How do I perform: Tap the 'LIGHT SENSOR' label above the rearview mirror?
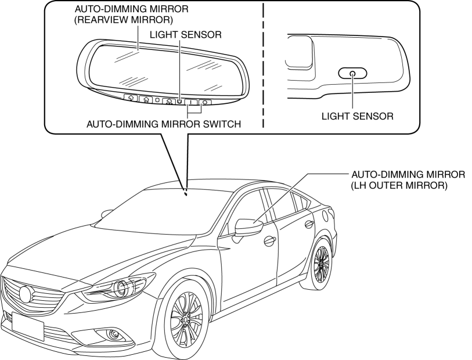186,35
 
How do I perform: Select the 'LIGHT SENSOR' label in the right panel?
358,116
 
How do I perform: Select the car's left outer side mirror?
248,226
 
